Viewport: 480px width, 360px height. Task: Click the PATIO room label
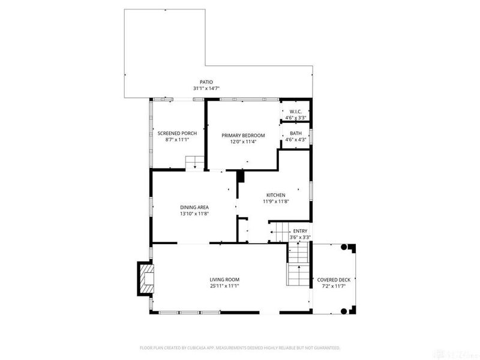pyautogui.click(x=206, y=82)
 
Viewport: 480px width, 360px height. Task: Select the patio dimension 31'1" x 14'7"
pyautogui.click(x=206, y=89)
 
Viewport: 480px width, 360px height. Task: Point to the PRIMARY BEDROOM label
pyautogui.click(x=243, y=136)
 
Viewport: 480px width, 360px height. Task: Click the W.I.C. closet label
pyautogui.click(x=295, y=112)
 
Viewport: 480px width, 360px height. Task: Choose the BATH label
pyautogui.click(x=296, y=133)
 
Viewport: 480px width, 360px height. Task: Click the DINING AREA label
pyautogui.click(x=194, y=207)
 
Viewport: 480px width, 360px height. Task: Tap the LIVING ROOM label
pyautogui.click(x=224, y=280)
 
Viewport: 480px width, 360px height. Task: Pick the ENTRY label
pyautogui.click(x=299, y=232)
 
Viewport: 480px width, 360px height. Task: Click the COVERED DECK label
pyautogui.click(x=334, y=280)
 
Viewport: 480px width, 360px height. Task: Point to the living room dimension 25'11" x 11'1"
pyautogui.click(x=224, y=286)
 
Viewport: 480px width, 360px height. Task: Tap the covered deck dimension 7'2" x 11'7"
pyautogui.click(x=334, y=286)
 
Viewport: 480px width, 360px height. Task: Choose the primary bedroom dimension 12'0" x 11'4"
pyautogui.click(x=243, y=142)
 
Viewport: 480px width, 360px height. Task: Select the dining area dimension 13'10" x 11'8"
pyautogui.click(x=194, y=214)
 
